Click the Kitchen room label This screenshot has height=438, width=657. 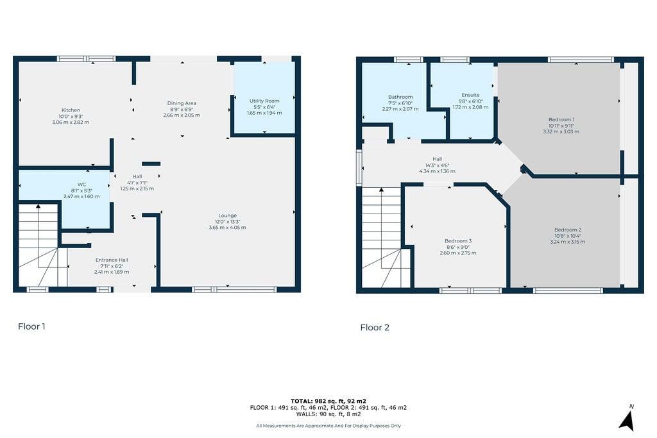71,110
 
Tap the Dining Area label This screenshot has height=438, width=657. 182,103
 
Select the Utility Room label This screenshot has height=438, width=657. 264,101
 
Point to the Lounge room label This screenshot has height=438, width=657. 227,215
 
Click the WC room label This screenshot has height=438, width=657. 81,185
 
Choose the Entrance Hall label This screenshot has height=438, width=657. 112,260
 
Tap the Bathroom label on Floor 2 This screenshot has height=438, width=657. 400,97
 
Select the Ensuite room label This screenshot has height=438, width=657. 470,95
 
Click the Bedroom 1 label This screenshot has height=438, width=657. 561,120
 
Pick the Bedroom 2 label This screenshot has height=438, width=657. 568,230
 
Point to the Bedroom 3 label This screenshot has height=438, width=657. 457,241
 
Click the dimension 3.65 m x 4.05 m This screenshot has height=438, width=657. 227,228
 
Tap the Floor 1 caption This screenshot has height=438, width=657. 31,326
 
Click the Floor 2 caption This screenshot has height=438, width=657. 375,328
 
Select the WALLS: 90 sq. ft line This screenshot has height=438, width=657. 328,414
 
